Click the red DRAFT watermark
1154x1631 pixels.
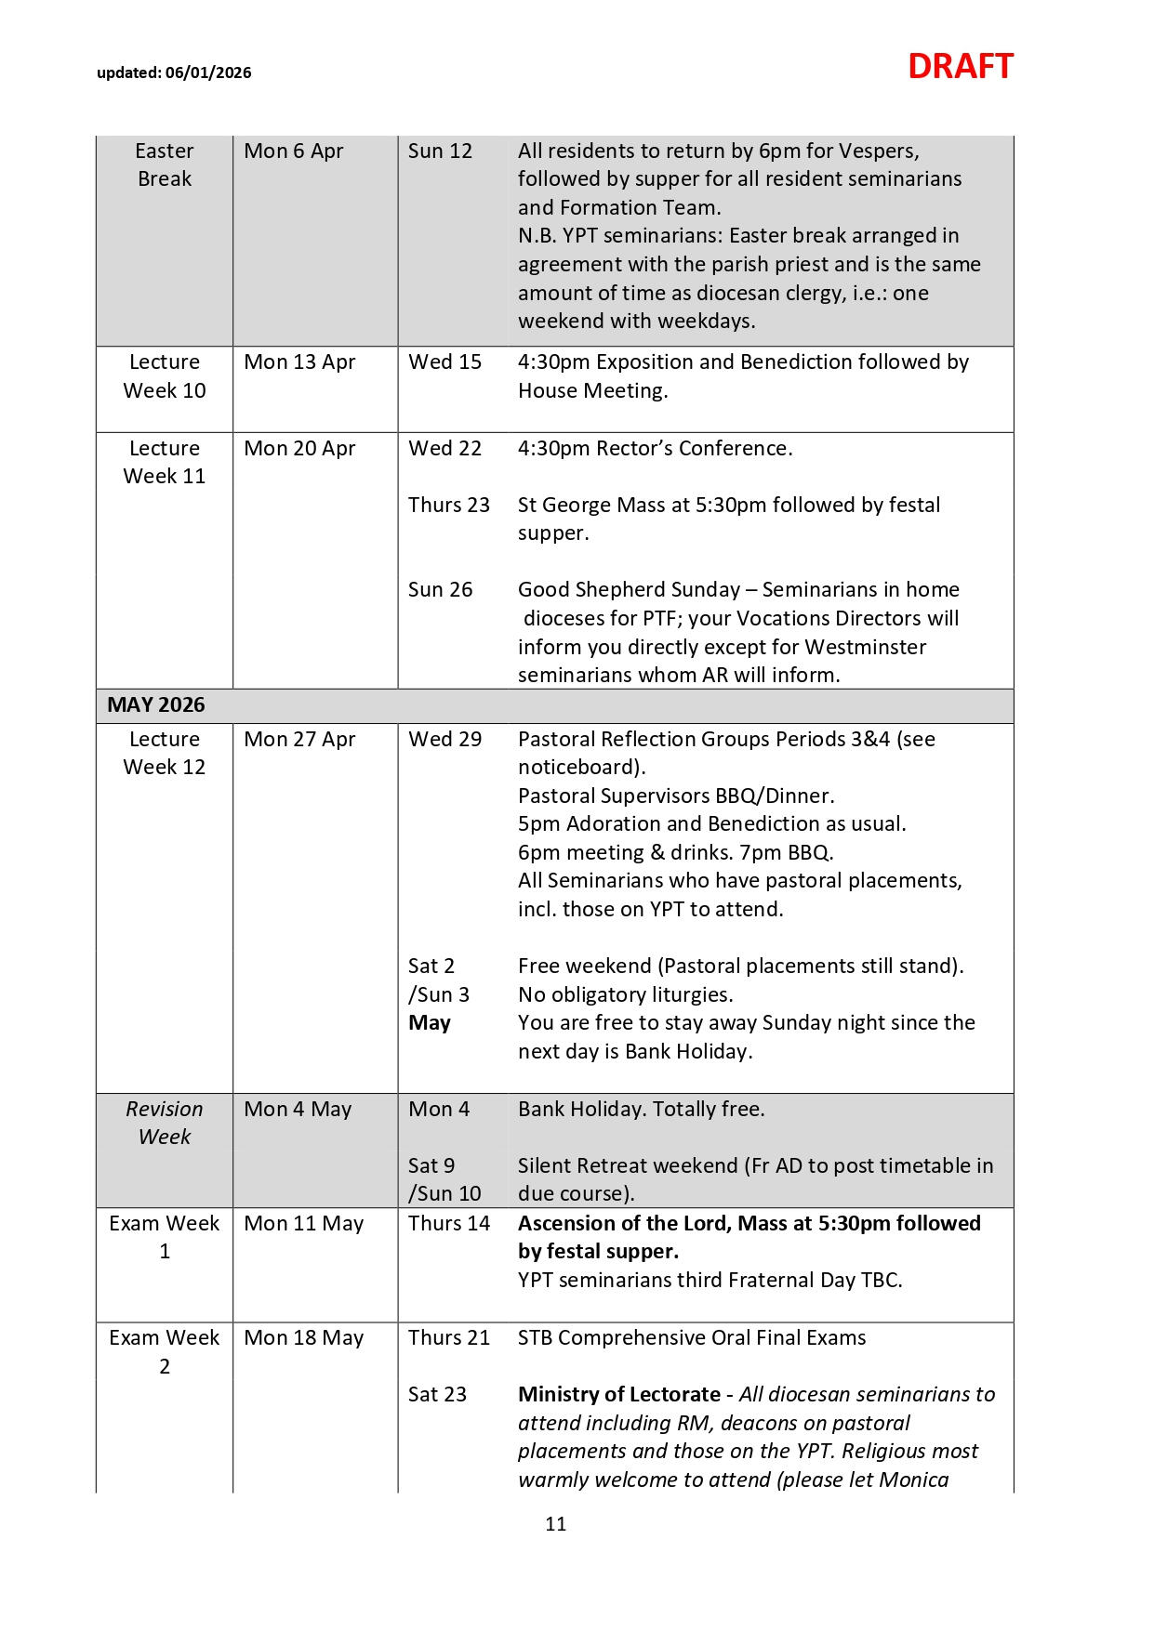pyautogui.click(x=960, y=67)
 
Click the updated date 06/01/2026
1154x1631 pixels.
pyautogui.click(x=208, y=72)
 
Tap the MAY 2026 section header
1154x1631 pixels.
pyautogui.click(x=155, y=705)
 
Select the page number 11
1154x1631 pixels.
pyautogui.click(x=556, y=1524)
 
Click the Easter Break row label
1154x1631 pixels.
pyautogui.click(x=165, y=164)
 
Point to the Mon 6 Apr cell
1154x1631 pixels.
pyautogui.click(x=294, y=151)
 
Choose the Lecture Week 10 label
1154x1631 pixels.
pyautogui.click(x=165, y=376)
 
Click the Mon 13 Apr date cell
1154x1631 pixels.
pyautogui.click(x=299, y=362)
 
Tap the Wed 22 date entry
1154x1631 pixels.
pyautogui.click(x=444, y=448)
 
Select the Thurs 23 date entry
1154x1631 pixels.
pyautogui.click(x=448, y=505)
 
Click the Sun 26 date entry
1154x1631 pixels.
pyautogui.click(x=440, y=589)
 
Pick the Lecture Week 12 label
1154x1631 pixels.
pyautogui.click(x=165, y=753)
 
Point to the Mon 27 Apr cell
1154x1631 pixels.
pyautogui.click(x=299, y=739)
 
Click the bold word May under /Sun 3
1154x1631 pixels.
pyautogui.click(x=430, y=1023)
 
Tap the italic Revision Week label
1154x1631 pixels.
pyautogui.click(x=165, y=1123)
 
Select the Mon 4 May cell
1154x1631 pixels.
pyautogui.click(x=298, y=1109)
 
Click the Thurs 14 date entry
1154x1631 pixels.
pyautogui.click(x=448, y=1223)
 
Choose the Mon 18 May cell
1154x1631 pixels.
pyautogui.click(x=303, y=1337)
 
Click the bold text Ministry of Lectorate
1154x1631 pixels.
pyautogui.click(x=618, y=1394)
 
